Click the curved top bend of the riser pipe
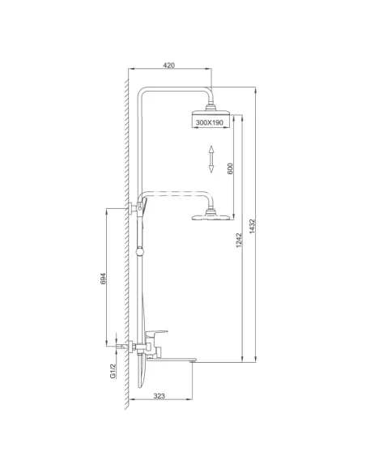pos(143,91)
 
